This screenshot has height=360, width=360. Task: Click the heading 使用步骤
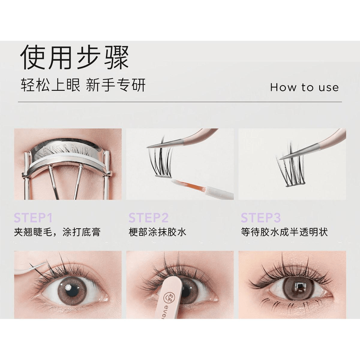[75, 58]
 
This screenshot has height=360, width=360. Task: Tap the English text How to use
[304, 87]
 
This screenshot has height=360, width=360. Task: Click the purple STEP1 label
[33, 218]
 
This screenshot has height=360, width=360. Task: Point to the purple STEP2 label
[148, 218]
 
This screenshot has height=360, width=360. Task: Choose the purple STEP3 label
[261, 218]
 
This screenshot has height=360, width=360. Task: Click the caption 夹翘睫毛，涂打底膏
[57, 233]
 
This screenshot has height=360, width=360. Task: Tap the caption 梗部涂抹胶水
[157, 233]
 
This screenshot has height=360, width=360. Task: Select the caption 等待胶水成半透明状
[284, 233]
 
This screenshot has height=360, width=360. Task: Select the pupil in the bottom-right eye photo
[299, 288]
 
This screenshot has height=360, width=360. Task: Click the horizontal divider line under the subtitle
[180, 102]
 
